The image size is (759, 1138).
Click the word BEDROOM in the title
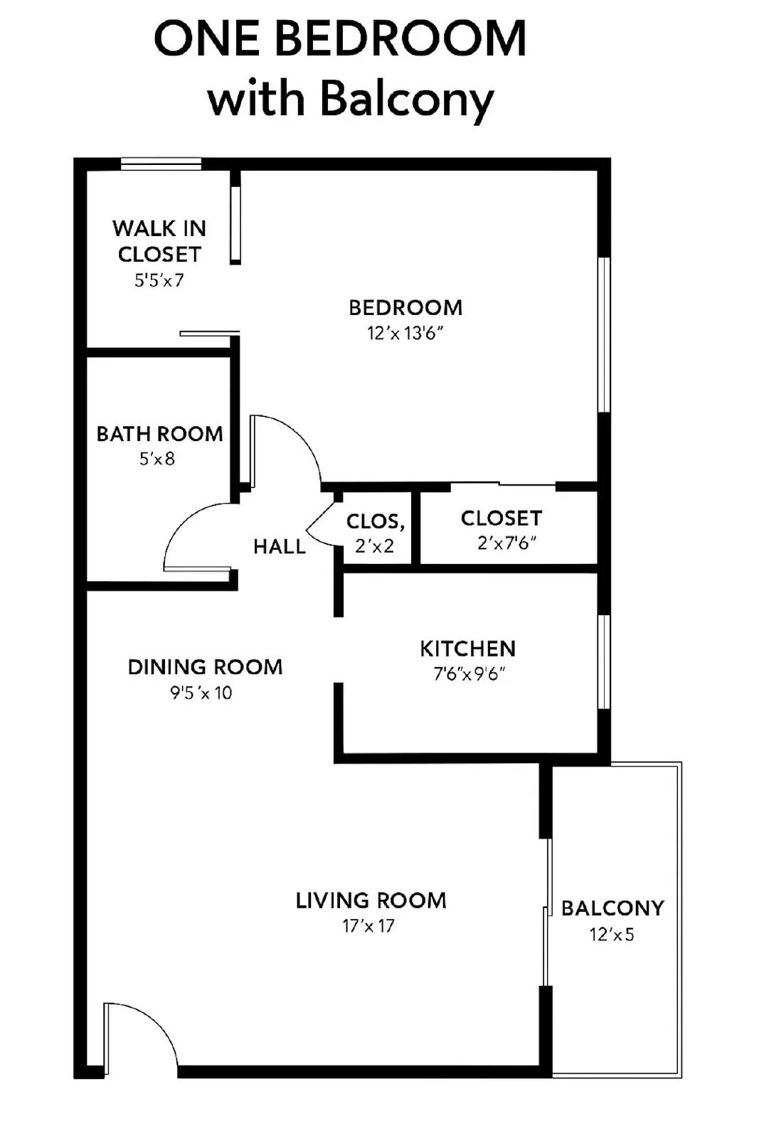400,39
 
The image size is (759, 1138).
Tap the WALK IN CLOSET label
159,241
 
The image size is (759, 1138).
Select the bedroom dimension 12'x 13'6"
405,333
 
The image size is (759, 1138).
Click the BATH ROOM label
159,434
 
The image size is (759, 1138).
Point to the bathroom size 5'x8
157,459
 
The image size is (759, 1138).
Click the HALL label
279,546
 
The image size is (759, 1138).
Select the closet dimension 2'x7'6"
506,543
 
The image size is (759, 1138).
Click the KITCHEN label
467,649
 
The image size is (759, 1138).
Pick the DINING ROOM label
205,667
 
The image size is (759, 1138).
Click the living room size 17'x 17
368,926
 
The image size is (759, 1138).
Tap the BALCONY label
612,908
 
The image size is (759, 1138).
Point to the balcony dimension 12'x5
612,935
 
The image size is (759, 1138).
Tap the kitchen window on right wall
604,661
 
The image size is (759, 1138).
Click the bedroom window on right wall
604,334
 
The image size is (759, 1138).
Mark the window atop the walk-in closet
161,164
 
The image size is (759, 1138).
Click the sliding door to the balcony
546,912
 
